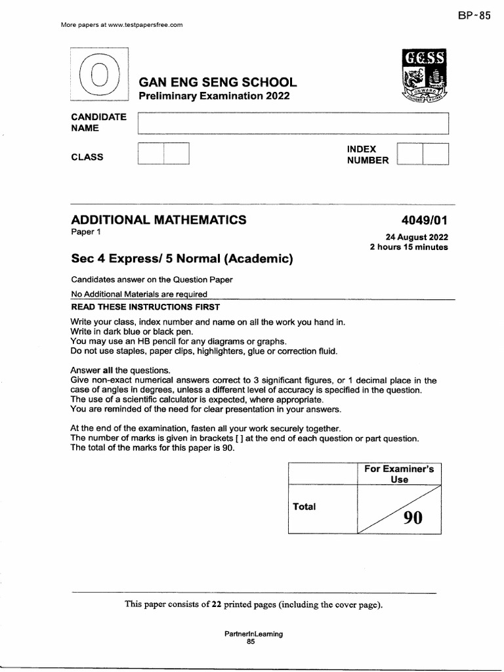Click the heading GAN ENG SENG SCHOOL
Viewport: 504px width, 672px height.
coord(217,83)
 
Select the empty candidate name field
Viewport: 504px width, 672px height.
coord(293,123)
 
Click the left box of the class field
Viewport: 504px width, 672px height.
coord(150,154)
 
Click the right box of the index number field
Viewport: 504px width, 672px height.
coord(436,154)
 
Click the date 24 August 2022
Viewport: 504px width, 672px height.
coord(417,237)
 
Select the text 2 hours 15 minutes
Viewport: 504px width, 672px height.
coord(409,247)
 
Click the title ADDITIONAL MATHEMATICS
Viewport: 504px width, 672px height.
coord(159,220)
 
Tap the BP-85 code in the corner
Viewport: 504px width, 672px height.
coord(474,17)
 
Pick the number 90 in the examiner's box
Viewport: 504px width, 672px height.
coord(413,518)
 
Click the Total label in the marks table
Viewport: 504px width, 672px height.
coord(304,507)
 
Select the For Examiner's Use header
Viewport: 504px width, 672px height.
coord(399,474)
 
